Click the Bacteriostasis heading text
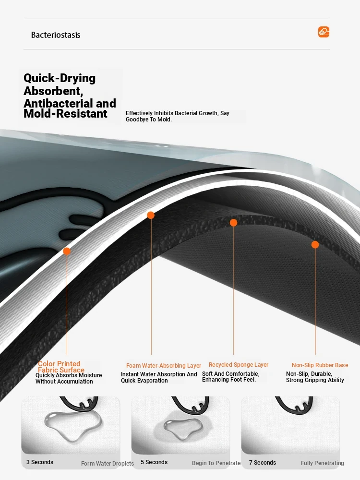(x=56, y=35)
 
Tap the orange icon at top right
(x=324, y=32)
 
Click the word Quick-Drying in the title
(x=60, y=78)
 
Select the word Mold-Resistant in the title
(x=65, y=114)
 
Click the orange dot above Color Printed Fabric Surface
(x=67, y=252)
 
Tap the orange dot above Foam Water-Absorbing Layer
(x=151, y=215)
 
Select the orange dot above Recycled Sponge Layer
(x=233, y=223)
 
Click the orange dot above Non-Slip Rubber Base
(x=315, y=245)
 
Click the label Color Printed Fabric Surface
(x=61, y=367)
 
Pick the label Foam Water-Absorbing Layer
(x=164, y=365)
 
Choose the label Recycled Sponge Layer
(x=239, y=365)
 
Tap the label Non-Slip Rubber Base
(x=320, y=365)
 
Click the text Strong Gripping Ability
(x=315, y=380)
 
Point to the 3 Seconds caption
(x=40, y=462)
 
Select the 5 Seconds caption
(x=154, y=462)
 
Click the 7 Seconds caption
(x=263, y=463)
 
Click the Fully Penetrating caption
(x=323, y=463)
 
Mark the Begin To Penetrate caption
(x=216, y=463)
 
